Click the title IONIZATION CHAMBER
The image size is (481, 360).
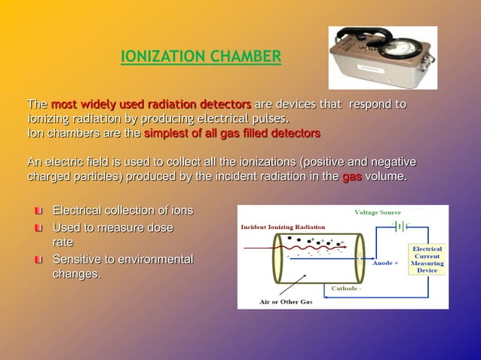click(201, 56)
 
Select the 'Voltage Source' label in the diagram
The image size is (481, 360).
click(377, 212)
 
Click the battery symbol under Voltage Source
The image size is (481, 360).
click(401, 225)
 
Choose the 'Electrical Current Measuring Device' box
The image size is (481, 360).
click(427, 259)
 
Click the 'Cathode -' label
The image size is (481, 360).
click(346, 288)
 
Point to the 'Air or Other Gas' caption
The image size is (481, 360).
click(286, 301)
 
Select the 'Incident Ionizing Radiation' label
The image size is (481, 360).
click(283, 227)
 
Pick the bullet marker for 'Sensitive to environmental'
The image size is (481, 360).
click(38, 260)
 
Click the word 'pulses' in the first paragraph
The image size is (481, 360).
click(268, 119)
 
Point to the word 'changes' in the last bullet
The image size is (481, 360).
click(75, 274)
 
